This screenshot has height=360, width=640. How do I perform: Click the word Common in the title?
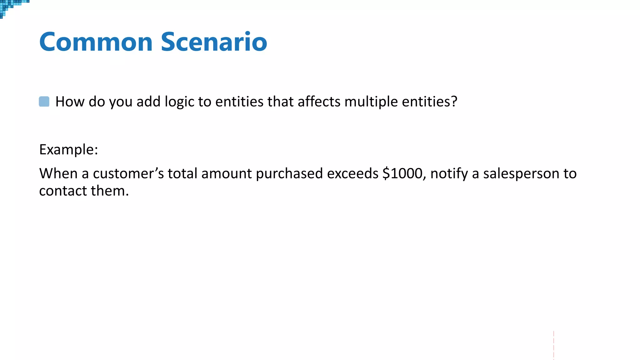click(96, 42)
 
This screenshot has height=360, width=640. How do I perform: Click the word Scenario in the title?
click(214, 42)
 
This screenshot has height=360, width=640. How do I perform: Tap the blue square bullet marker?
click(44, 102)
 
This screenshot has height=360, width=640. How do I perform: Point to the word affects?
click(319, 102)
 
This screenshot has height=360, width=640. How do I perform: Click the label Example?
click(68, 150)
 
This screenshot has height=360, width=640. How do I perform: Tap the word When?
click(58, 173)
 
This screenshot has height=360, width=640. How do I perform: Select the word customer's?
click(128, 173)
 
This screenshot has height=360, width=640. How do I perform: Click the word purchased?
click(289, 174)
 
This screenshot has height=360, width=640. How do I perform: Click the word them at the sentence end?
click(109, 191)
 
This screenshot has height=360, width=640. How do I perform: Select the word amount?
click(226, 174)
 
